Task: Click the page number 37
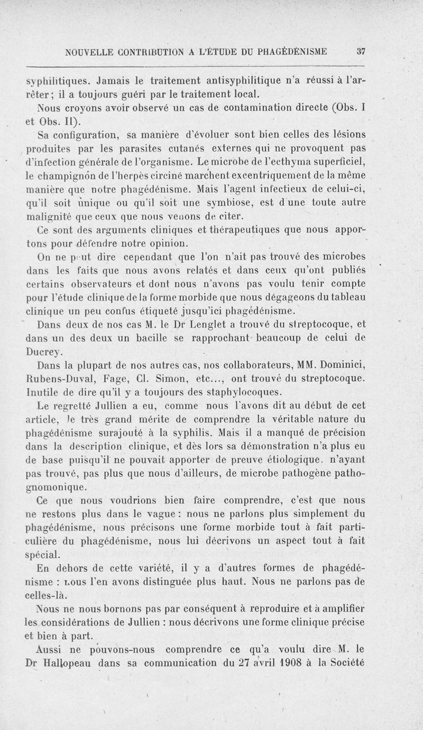(x=361, y=52)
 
